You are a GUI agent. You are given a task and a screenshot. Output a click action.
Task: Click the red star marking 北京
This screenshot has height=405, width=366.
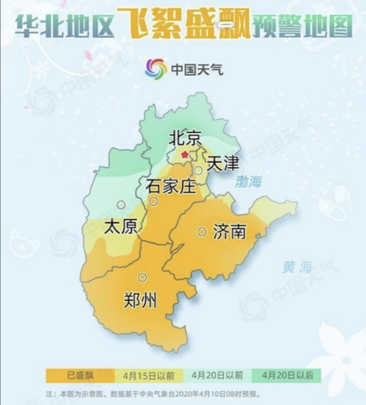pos(185,155)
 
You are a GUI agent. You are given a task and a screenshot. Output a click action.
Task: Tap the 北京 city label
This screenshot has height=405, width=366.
pos(186,138)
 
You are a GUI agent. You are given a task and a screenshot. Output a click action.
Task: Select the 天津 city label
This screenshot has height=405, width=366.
pos(222,165)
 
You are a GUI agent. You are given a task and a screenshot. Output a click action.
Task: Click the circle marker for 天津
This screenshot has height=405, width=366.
pos(200,169)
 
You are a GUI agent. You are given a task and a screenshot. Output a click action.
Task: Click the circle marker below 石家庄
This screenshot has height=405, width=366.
pos(154,202)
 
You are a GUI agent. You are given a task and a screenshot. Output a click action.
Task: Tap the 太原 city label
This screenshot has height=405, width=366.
pos(121,227)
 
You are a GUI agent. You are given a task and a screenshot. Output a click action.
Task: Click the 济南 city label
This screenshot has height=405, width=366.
pos(230,232)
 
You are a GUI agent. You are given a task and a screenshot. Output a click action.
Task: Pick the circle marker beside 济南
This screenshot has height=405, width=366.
pos(203,232)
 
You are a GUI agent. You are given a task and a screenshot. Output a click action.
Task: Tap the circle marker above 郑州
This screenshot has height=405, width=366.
pos(142,277)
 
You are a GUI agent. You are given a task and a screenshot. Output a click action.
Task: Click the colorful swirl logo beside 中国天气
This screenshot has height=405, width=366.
pos(157,69)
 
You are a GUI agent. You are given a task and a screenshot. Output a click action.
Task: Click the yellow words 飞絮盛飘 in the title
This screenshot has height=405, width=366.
pos(183,26)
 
